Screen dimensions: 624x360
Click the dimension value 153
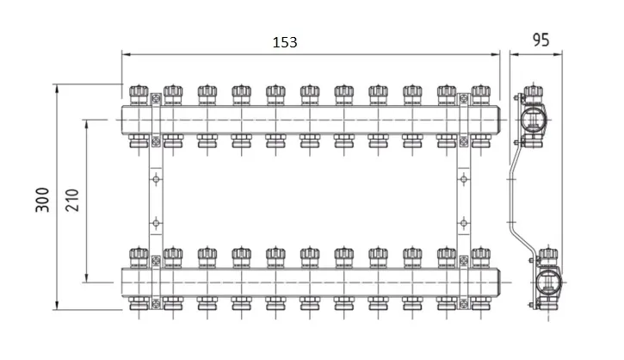[x=285, y=42]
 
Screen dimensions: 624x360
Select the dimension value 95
[x=541, y=40]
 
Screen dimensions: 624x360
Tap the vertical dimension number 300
[x=42, y=200]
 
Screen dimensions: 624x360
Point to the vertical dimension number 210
[x=72, y=201]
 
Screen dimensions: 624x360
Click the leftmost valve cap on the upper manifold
[x=139, y=95]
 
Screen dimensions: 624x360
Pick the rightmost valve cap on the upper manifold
[x=481, y=95]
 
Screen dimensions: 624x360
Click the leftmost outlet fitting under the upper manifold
[x=139, y=141]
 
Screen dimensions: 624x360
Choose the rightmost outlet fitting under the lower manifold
[x=481, y=303]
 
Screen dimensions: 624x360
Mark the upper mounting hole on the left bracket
[x=156, y=179]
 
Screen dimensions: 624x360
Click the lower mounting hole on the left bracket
[x=156, y=223]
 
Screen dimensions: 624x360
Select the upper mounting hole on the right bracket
[x=464, y=179]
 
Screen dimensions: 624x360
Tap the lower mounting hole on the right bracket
[x=464, y=223]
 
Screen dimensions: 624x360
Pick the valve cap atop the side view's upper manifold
[x=534, y=95]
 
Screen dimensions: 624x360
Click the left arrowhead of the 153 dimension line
[x=125, y=54]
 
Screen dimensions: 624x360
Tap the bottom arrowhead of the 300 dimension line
[x=57, y=306]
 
